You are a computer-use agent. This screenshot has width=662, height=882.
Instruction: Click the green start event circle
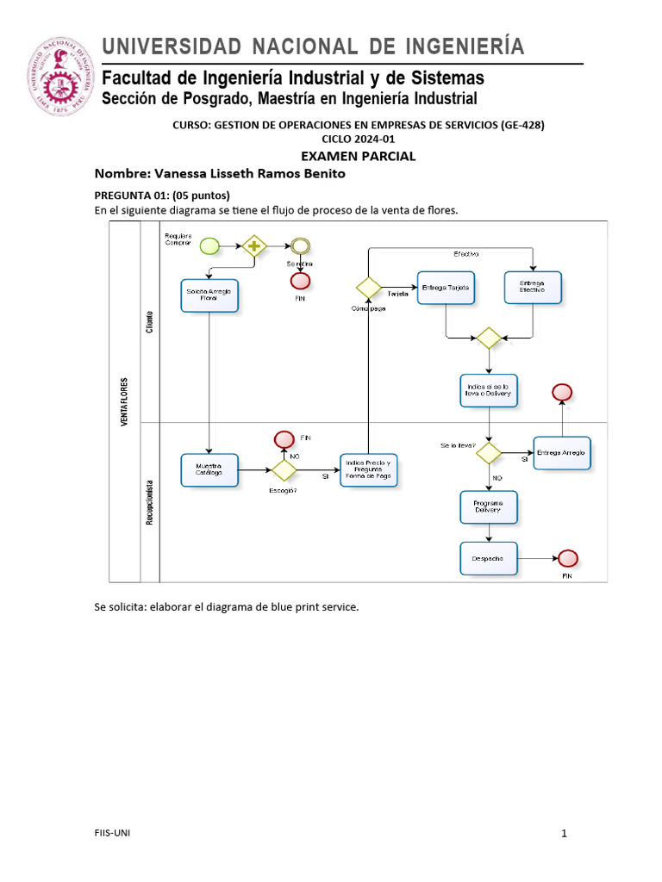pyautogui.click(x=209, y=246)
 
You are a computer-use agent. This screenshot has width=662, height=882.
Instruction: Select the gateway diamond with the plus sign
pyautogui.click(x=254, y=246)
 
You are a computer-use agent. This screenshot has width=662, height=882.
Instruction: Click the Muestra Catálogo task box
pyautogui.click(x=209, y=470)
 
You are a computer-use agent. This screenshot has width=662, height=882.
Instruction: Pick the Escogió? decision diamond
pyautogui.click(x=284, y=470)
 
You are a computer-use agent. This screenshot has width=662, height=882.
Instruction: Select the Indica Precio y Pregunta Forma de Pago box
pyautogui.click(x=369, y=470)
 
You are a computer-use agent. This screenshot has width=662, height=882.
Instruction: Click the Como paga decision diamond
pyautogui.click(x=369, y=288)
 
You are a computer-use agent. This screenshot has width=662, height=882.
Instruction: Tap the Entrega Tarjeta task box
pyautogui.click(x=447, y=288)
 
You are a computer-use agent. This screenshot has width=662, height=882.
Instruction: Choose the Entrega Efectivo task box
pyautogui.click(x=533, y=288)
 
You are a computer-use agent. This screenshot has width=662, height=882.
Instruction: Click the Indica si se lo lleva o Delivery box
pyautogui.click(x=489, y=390)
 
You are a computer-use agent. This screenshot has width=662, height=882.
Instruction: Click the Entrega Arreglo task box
pyautogui.click(x=562, y=452)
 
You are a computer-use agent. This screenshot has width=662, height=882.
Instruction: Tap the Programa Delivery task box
pyautogui.click(x=489, y=507)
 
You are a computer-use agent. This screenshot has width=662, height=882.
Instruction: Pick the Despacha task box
pyautogui.click(x=489, y=558)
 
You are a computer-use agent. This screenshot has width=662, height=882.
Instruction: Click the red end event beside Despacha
pyautogui.click(x=567, y=558)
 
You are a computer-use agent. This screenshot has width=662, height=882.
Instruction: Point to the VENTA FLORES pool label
pyautogui.click(x=125, y=401)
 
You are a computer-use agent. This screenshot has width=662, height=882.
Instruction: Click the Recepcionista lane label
pyautogui.click(x=150, y=502)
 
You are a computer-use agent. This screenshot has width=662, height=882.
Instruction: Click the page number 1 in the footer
pyautogui.click(x=564, y=833)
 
